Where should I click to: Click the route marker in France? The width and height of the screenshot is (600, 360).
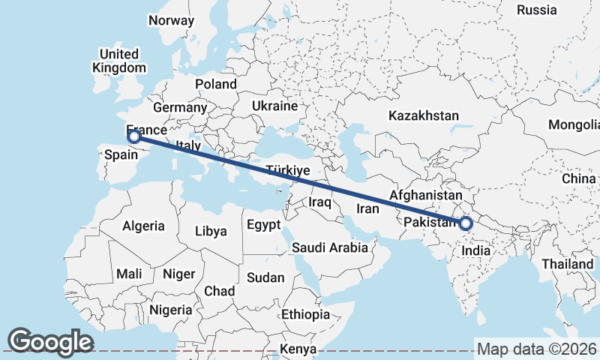pyautogui.click(x=134, y=136)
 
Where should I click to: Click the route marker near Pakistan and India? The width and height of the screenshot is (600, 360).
pyautogui.click(x=466, y=223)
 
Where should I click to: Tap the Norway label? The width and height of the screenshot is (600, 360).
pyautogui.click(x=171, y=21)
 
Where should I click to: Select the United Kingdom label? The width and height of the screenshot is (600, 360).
pyautogui.click(x=119, y=61)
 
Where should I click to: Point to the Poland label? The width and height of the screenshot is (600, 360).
pyautogui.click(x=215, y=84)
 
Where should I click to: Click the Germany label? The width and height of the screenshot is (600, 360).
pyautogui.click(x=179, y=107)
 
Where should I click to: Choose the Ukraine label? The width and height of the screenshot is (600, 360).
pyautogui.click(x=275, y=106)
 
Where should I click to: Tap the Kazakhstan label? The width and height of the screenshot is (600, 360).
pyautogui.click(x=423, y=115)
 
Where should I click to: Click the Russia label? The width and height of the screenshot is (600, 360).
pyautogui.click(x=537, y=10)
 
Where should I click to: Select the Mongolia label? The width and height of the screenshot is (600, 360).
pyautogui.click(x=574, y=124)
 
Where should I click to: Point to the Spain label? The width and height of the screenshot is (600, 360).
pyautogui.click(x=121, y=154)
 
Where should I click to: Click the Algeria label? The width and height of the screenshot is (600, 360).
pyautogui.click(x=143, y=226)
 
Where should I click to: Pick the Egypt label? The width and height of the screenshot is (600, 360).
pyautogui.click(x=263, y=225)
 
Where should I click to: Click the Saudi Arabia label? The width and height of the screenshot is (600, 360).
pyautogui.click(x=330, y=247)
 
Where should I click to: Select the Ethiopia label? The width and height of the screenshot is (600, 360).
pyautogui.click(x=305, y=314)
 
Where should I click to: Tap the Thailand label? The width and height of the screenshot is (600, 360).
pyautogui.click(x=568, y=264)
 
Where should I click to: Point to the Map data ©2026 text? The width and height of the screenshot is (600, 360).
pyautogui.click(x=538, y=349)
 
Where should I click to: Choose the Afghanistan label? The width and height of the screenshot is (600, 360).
pyautogui.click(x=424, y=195)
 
